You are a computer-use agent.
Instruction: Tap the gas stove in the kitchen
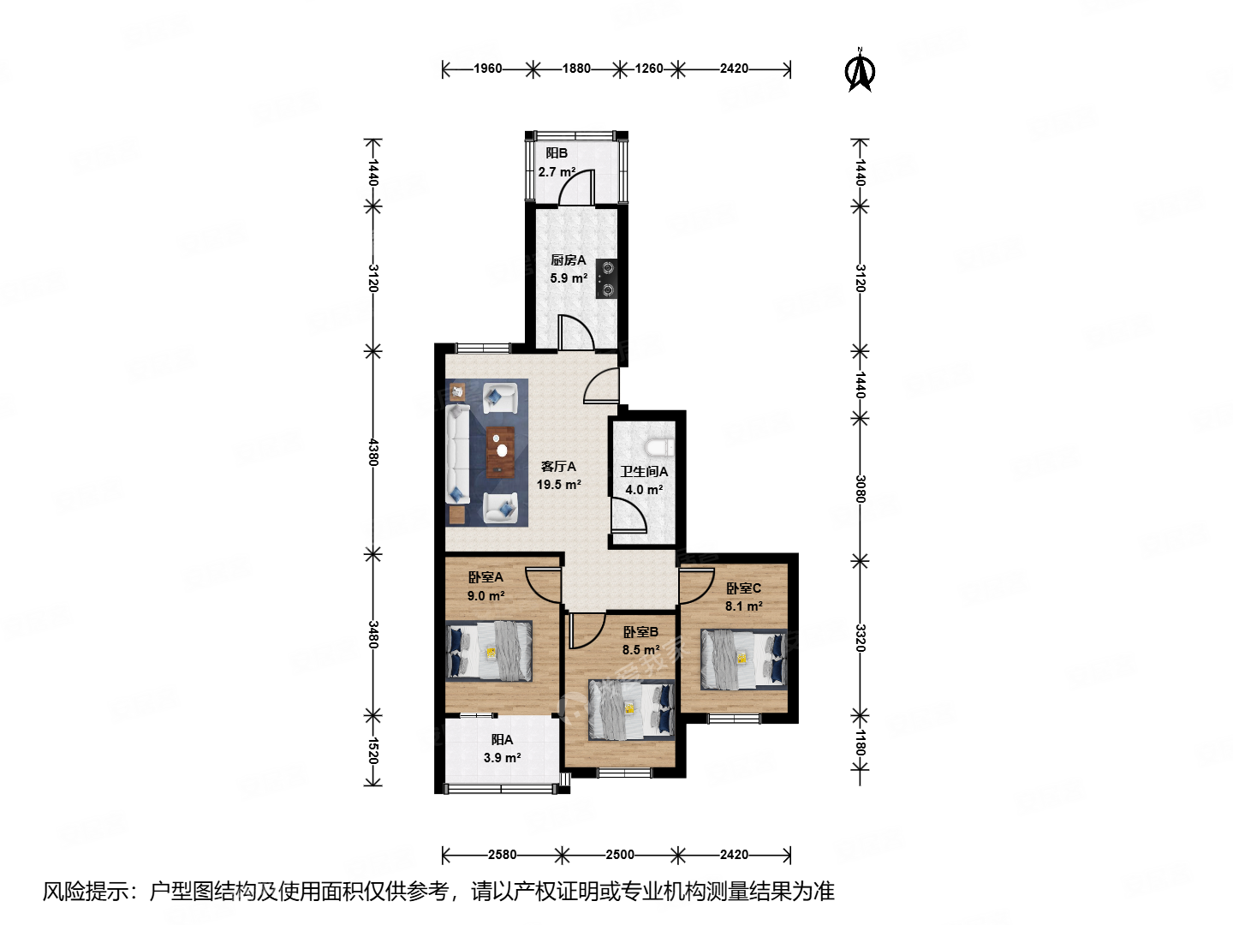[607, 279]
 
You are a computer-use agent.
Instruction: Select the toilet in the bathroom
[662, 447]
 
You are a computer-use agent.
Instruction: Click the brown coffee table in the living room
[501, 451]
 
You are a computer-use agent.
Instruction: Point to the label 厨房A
[568, 260]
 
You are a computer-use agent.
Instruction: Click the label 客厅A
[558, 467]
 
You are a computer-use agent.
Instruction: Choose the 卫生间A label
[644, 472]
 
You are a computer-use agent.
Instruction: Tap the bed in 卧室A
[490, 650]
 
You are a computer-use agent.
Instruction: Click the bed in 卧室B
[631, 710]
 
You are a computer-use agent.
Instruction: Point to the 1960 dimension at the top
[487, 69]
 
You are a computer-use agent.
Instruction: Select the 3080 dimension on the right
[861, 489]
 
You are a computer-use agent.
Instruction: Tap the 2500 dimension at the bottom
[620, 854]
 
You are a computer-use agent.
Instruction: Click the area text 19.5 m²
[558, 485]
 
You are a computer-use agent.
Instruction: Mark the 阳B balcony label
[557, 153]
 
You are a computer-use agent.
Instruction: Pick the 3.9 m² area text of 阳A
[502, 758]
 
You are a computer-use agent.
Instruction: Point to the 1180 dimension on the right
[861, 743]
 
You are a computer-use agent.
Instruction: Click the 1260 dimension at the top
[648, 69]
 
